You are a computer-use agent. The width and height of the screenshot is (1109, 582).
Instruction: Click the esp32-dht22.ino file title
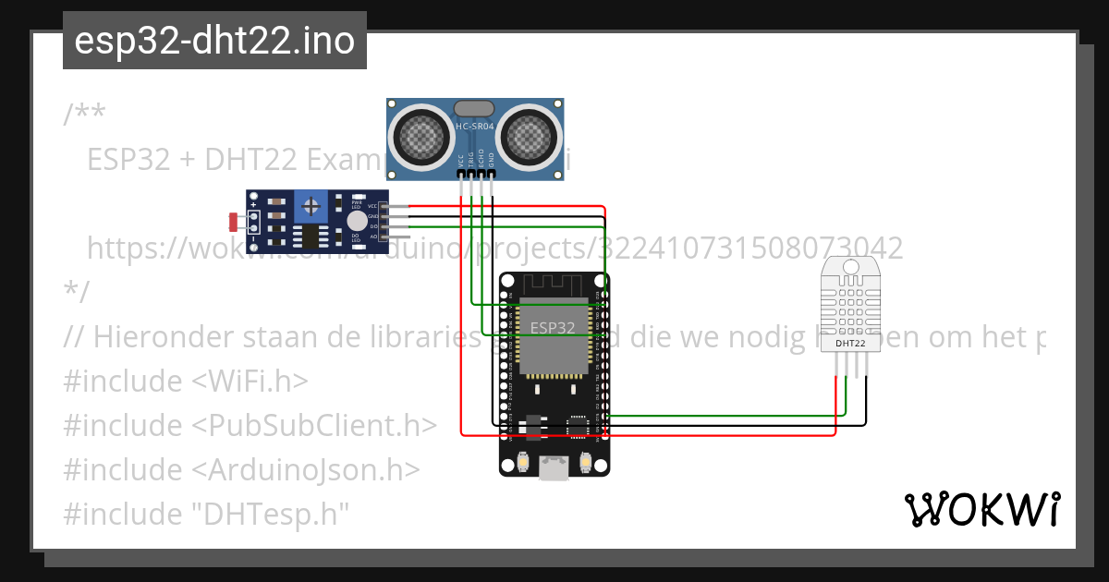click(x=214, y=41)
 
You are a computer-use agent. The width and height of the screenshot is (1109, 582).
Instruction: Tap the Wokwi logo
click(x=981, y=509)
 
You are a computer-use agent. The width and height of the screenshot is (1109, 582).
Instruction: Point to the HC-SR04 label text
click(x=476, y=126)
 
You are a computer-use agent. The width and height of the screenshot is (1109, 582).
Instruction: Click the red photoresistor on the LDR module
click(x=234, y=222)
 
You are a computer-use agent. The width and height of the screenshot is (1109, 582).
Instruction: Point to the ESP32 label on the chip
click(x=553, y=327)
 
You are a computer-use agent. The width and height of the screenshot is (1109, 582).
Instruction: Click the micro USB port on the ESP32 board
click(x=554, y=468)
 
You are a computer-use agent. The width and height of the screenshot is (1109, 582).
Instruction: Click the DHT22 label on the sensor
click(x=850, y=344)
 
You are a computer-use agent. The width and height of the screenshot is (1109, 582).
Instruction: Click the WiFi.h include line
click(x=186, y=381)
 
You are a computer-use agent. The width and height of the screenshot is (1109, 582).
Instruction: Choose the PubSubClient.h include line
click(x=250, y=425)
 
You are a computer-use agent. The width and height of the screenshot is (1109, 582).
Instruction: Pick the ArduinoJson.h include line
click(x=241, y=469)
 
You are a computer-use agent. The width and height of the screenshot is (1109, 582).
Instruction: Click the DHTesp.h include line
click(x=207, y=514)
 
